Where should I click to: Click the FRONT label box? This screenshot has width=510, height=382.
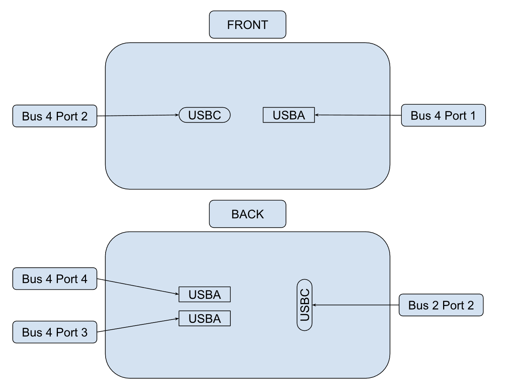247,25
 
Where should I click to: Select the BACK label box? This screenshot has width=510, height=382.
247,214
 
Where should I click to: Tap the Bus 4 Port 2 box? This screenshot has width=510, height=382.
55,116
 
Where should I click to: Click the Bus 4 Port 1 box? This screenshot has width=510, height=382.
443,116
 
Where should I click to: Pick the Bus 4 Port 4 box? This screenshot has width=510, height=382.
55,279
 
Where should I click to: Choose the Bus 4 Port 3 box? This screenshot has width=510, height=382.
55,332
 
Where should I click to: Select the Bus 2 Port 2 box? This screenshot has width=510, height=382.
441,305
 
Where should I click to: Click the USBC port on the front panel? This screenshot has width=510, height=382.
204,115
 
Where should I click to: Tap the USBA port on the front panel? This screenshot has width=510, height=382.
289,115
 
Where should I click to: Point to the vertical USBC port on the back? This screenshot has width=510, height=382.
304,305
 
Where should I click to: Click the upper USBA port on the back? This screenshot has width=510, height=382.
204,295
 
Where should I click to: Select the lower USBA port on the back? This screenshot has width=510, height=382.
204,319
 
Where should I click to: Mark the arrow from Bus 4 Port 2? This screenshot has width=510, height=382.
137,116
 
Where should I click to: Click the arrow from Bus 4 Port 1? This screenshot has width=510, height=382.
357,115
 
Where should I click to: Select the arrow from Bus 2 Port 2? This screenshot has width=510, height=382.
355,305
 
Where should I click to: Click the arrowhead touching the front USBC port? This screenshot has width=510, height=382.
177,115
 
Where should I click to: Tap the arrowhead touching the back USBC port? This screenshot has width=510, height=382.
314,305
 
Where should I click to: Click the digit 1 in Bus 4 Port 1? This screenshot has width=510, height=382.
472,116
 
